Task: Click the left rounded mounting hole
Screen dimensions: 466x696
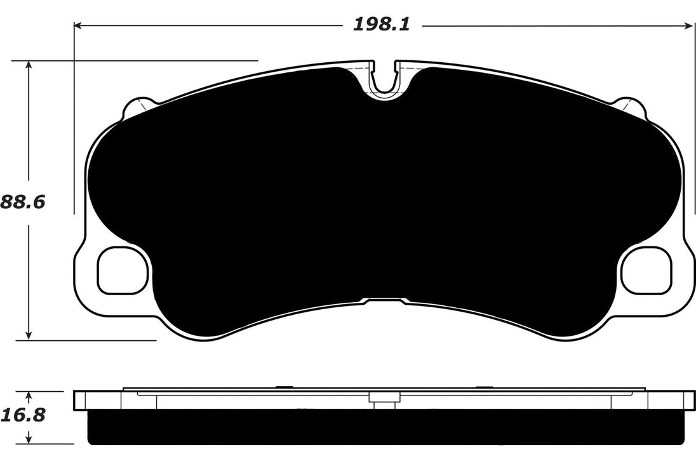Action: tap(122, 271)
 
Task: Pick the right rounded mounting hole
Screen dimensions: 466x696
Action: tap(646, 271)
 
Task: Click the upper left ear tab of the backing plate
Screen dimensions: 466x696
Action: tap(137, 107)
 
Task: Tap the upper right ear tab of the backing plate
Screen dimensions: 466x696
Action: tap(631, 107)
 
